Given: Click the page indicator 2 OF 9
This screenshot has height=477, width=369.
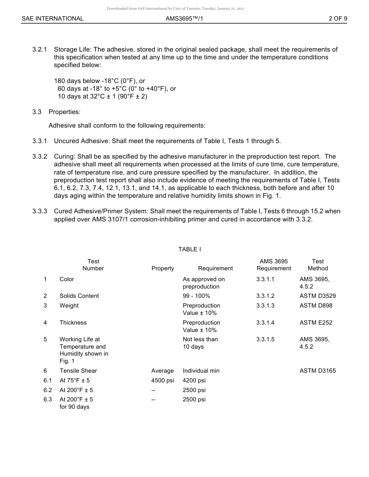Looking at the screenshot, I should [x=338, y=19].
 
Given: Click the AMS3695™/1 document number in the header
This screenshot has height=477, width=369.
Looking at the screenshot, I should [x=184, y=19].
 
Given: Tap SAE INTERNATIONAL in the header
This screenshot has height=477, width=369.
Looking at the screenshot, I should [x=52, y=19].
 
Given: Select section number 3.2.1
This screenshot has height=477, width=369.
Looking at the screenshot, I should [x=40, y=50].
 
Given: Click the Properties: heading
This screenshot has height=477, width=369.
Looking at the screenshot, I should [x=64, y=112].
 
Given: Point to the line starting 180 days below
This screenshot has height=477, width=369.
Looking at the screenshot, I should [x=99, y=81].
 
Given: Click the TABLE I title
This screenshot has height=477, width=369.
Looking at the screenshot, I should [x=190, y=249].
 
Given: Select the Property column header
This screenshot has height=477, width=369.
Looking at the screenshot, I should [x=163, y=268].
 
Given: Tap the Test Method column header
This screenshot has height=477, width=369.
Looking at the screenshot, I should [x=318, y=265].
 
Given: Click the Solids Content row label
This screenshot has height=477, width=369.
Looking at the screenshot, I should [x=79, y=296].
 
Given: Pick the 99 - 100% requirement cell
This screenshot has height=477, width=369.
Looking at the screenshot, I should [x=196, y=296].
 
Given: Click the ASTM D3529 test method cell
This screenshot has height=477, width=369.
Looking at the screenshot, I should [x=318, y=296].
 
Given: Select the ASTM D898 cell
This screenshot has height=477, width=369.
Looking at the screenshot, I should [x=316, y=306].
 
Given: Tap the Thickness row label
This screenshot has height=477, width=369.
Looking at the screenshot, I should [x=73, y=323].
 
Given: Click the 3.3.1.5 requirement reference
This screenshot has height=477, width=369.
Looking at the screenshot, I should [x=265, y=339].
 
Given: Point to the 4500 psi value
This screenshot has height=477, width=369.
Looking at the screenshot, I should [x=162, y=380].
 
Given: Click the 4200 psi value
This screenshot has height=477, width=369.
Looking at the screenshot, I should [x=194, y=380].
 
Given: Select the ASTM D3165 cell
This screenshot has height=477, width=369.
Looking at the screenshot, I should [x=318, y=371].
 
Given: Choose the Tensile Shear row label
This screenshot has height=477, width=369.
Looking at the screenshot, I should [x=78, y=371].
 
